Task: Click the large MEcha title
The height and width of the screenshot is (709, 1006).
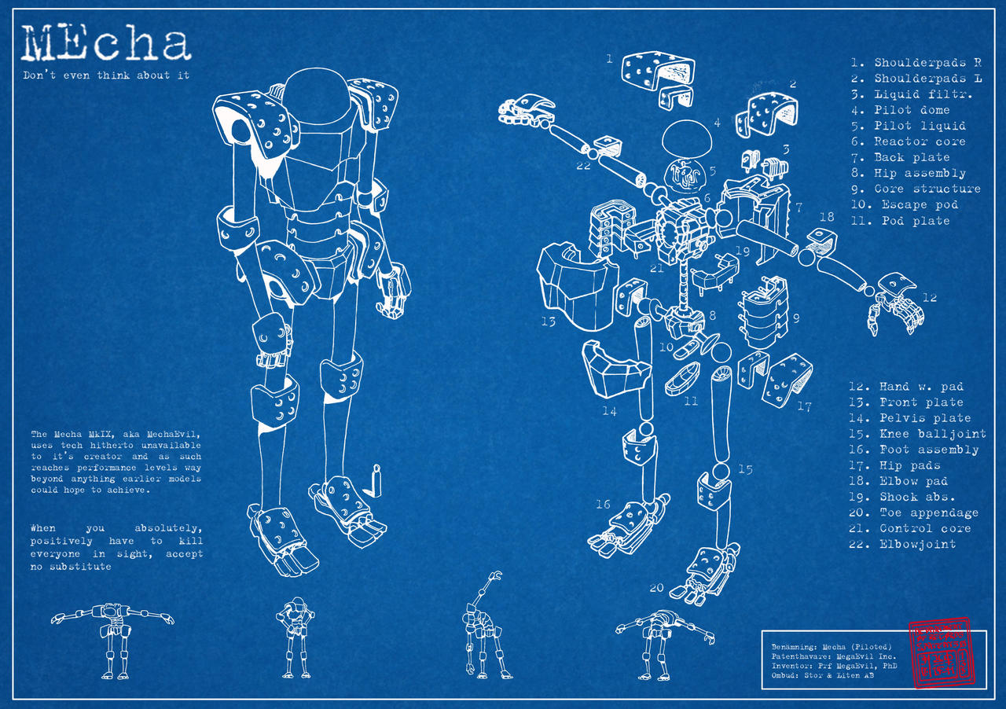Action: point(106,44)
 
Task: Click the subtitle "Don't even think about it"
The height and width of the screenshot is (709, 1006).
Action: point(105,75)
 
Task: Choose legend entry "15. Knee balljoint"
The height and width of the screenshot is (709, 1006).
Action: point(917,434)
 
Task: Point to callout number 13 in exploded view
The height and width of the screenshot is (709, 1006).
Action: point(548,321)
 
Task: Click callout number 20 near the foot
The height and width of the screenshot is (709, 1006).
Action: point(656,587)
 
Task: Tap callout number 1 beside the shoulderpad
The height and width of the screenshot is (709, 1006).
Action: point(609,58)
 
